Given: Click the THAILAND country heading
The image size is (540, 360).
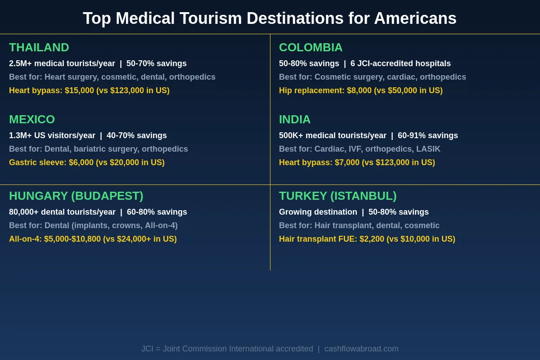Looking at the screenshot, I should pos(39,47).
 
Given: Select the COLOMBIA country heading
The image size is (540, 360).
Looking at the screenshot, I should pos(310,47).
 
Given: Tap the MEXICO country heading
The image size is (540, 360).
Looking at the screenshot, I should pos(32,119).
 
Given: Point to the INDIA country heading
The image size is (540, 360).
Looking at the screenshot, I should pos(295,119).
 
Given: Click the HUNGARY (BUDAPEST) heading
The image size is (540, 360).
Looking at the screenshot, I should pos(76,196).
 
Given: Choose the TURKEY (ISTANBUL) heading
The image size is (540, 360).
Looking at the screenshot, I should pos(337,196).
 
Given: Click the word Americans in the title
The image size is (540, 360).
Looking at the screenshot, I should pos(415,18).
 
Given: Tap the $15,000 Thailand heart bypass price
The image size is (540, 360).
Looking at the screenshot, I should pos(79,90).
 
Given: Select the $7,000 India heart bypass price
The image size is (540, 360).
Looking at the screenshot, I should pos(347,162).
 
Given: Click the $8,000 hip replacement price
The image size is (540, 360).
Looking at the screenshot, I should pos(359,90).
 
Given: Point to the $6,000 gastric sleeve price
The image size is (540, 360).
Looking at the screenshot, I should pos(81,162).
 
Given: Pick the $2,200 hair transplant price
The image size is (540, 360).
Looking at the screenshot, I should pos(372,239).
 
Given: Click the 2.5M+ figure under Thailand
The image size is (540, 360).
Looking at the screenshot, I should pos(20,63).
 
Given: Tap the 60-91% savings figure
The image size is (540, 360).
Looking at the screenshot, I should pos(427,135).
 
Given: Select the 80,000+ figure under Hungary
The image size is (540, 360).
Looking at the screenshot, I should pos(24,212).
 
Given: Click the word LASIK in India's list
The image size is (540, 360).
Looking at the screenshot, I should pos(428,149).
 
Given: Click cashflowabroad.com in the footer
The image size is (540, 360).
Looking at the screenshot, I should pos(361,349).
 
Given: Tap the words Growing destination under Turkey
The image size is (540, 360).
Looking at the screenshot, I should pos(318,212).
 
